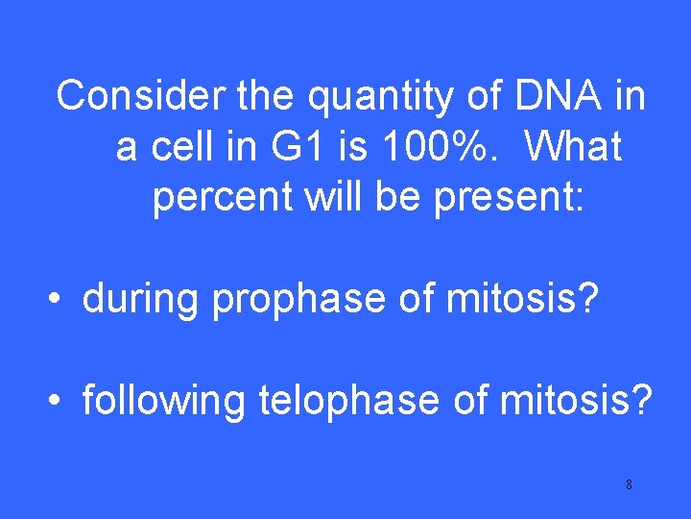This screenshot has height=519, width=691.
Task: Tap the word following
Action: click(x=164, y=400)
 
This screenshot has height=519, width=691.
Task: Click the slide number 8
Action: click(x=629, y=484)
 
